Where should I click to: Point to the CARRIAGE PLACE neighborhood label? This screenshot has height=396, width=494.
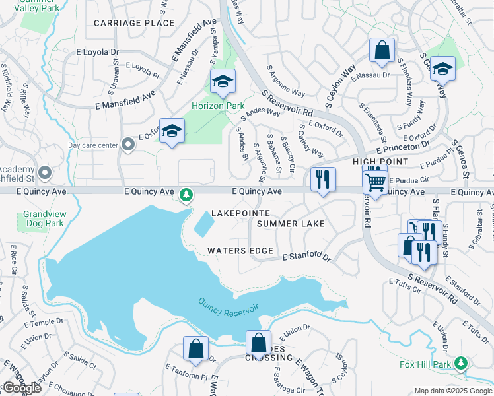(134, 23)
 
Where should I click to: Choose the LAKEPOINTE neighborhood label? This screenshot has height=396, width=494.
(240, 213)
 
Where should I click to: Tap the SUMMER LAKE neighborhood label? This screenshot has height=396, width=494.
(291, 224)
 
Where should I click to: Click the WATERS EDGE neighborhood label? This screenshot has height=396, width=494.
(240, 251)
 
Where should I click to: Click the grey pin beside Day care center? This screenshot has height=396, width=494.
(127, 145)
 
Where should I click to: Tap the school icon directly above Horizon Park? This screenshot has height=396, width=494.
(223, 82)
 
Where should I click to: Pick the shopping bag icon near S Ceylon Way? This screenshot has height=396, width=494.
(382, 50)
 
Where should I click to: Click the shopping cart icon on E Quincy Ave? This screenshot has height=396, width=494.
(375, 181)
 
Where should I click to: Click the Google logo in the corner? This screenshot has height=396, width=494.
(21, 388)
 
